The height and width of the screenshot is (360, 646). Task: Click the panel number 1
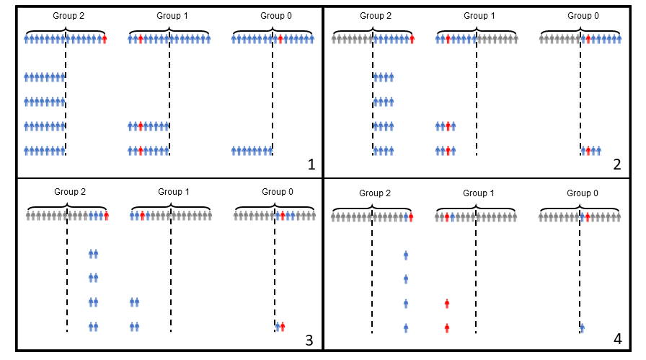point(311,164)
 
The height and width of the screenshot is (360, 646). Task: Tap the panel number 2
point(616,164)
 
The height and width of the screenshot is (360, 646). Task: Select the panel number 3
point(309,341)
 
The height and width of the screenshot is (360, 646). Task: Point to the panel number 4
point(618,339)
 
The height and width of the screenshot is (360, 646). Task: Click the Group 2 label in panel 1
point(68,16)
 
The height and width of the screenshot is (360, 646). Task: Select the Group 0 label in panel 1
point(276,16)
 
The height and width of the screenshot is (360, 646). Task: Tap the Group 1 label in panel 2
point(479,16)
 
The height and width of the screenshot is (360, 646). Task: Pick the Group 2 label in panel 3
point(70,192)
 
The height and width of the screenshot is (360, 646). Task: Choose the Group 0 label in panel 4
point(583,193)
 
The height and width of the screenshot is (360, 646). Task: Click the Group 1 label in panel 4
point(479,193)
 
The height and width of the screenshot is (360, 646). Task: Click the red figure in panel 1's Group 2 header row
point(105,39)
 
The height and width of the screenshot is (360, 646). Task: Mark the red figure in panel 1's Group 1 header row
point(141,39)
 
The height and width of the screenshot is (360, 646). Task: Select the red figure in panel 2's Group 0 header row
point(588,39)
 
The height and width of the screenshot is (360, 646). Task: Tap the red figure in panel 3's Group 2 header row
point(106,215)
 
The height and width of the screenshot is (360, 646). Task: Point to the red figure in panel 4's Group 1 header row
point(447,216)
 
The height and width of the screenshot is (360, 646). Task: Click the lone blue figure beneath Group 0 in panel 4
point(582,328)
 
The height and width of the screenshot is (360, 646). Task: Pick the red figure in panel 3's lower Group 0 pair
point(283,327)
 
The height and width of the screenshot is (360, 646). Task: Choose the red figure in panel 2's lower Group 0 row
point(588,151)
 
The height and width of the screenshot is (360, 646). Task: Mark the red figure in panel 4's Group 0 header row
point(588,216)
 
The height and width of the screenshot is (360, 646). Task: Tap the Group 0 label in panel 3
point(278,192)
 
